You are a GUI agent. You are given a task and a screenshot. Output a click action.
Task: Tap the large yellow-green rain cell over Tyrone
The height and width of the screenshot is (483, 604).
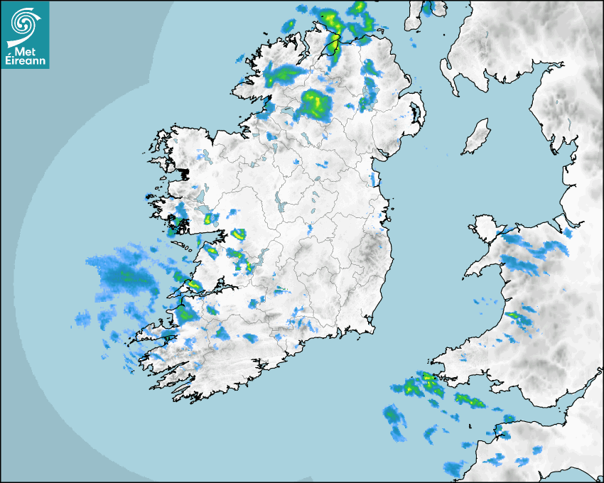[317, 102]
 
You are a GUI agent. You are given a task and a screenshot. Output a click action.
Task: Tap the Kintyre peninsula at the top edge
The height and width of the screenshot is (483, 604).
[414, 14]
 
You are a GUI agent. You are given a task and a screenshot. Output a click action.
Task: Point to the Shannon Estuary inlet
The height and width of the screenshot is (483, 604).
[206, 290]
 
